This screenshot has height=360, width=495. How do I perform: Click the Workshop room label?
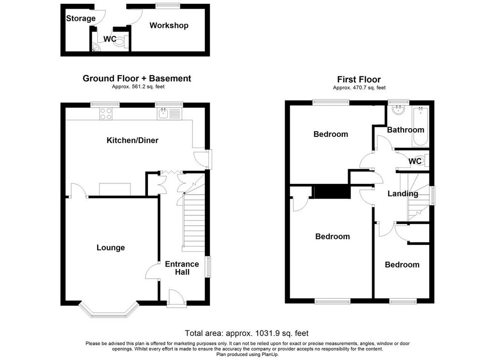169,25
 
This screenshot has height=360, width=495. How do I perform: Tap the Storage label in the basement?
81,18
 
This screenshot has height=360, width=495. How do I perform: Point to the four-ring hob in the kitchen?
106,114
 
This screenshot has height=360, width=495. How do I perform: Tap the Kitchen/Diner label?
132,140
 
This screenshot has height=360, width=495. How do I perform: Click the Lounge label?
111,247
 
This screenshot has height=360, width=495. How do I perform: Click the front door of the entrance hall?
176,299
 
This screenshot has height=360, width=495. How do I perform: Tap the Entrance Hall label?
182,268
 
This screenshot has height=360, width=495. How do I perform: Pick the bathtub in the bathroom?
420,127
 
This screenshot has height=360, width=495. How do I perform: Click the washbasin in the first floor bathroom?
398,110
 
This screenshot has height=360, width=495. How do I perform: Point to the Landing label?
403,194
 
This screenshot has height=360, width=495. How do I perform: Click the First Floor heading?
359,79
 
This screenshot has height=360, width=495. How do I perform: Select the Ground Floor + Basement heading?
137,78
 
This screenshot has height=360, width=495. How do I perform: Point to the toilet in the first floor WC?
424,161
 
